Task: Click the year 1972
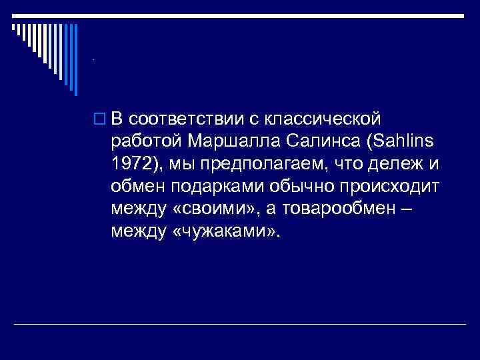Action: (133, 165)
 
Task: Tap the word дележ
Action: (403, 165)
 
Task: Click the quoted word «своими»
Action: (211, 210)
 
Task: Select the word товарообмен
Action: (343, 210)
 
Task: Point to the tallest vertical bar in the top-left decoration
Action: (75, 60)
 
